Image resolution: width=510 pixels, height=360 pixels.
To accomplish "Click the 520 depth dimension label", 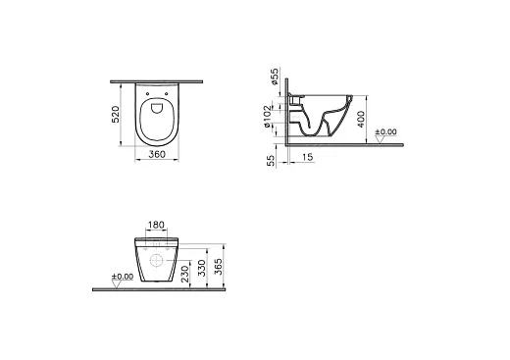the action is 116,114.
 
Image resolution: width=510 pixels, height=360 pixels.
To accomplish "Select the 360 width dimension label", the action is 157,154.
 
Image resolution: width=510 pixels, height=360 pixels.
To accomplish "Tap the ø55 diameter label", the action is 275,77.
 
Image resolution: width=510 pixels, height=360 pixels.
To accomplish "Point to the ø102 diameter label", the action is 268,117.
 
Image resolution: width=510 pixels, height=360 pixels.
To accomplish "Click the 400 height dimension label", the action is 361,120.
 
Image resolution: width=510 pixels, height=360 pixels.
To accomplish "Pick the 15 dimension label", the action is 307,157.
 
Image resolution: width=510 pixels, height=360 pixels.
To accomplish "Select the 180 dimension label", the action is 156,225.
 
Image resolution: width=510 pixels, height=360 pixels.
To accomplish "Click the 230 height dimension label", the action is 184,274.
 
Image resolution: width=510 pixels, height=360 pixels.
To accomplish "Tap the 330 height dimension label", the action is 202,268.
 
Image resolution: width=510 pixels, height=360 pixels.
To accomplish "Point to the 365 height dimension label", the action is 219,267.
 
